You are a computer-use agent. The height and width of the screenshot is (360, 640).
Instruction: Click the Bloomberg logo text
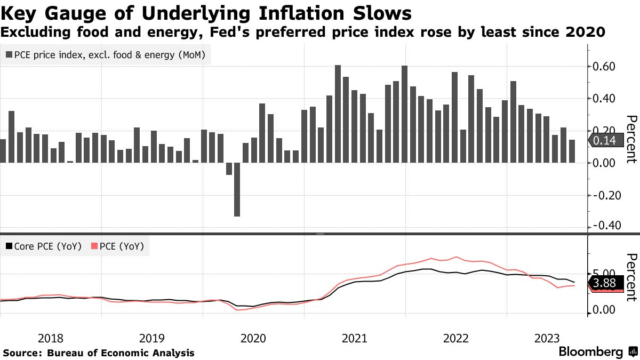[x=590, y=352]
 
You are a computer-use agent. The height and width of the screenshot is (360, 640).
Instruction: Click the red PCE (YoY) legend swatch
[x=95, y=247]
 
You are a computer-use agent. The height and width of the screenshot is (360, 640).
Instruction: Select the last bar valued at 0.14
[x=572, y=151]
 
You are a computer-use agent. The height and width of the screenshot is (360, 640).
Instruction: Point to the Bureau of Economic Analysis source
[x=121, y=353]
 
